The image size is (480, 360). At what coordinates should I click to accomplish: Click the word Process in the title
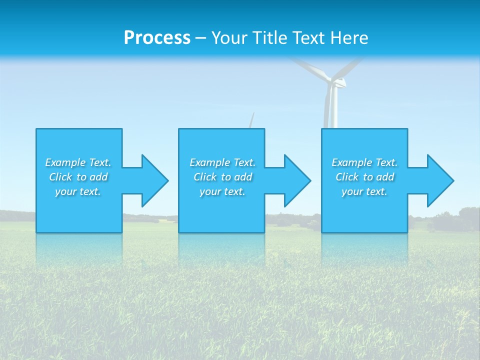(x=157, y=38)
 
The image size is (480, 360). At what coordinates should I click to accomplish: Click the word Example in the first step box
(x=65, y=162)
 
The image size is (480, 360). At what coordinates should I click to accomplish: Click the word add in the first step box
(x=99, y=177)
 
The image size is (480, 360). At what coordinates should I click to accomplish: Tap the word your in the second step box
(x=210, y=191)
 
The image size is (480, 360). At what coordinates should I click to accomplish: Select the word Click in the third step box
(x=347, y=177)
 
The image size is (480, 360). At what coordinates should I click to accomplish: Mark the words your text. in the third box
(x=364, y=191)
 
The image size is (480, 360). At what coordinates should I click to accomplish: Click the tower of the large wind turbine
(x=332, y=110)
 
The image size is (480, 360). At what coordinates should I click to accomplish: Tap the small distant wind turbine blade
(x=252, y=120)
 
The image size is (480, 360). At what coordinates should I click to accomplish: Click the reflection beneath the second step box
(x=221, y=247)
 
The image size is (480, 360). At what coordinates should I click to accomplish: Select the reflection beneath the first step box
(x=79, y=247)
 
